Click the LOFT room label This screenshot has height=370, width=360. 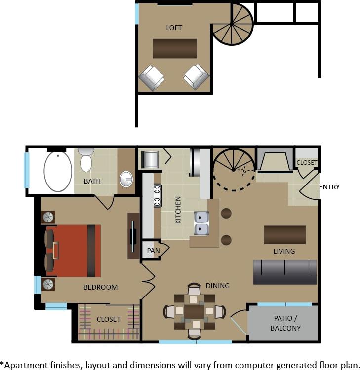(x=174, y=28)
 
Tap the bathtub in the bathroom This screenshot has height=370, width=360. (x=58, y=171)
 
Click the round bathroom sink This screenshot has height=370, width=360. (x=127, y=179)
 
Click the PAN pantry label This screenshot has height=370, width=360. (x=153, y=251)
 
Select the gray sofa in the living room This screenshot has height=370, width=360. (x=285, y=272)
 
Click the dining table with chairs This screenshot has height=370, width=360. (x=195, y=312)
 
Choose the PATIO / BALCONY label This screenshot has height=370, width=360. (x=287, y=323)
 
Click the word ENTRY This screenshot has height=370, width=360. (x=329, y=187)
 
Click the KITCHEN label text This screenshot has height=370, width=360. (x=178, y=210)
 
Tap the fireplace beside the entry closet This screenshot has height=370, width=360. (x=275, y=161)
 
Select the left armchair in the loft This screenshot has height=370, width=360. (x=151, y=77)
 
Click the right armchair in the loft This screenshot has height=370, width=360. (x=197, y=76)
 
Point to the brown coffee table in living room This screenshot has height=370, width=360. (x=284, y=235)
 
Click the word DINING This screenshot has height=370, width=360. (x=218, y=286)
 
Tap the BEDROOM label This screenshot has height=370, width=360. (x=100, y=287)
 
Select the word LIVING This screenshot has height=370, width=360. (x=284, y=251)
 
